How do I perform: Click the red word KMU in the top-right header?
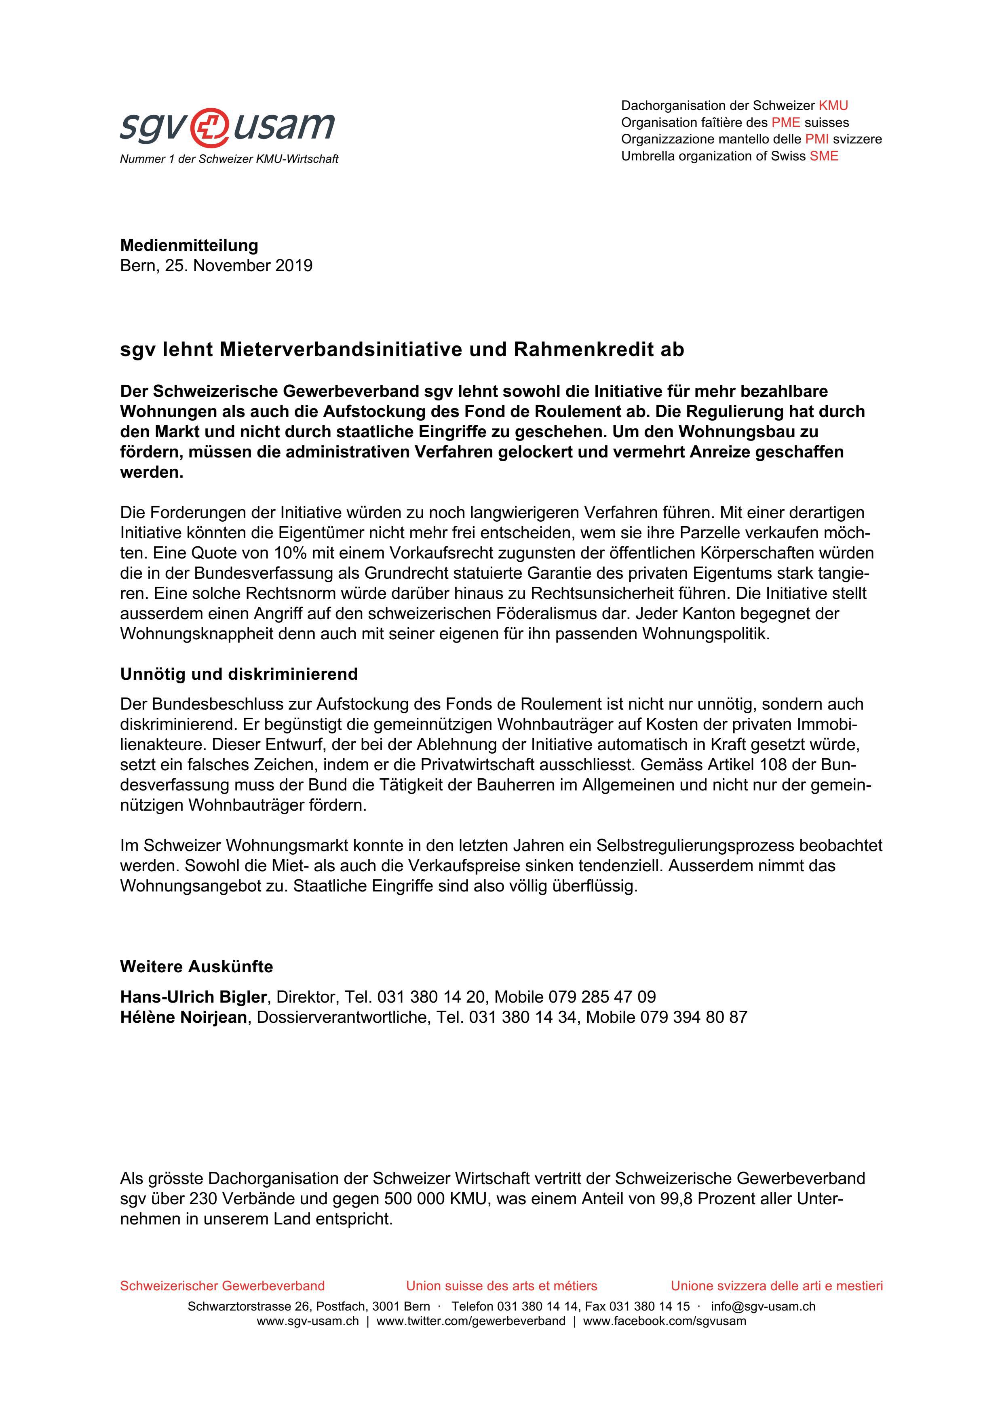pyautogui.click(x=833, y=105)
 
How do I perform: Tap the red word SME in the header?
pyautogui.click(x=824, y=156)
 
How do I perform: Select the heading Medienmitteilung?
pyautogui.click(x=189, y=245)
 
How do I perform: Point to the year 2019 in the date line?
pyautogui.click(x=294, y=266)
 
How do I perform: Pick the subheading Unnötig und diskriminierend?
pyautogui.click(x=239, y=674)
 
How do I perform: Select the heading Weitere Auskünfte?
pyautogui.click(x=196, y=966)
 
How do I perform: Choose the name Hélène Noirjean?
pyautogui.click(x=183, y=1017)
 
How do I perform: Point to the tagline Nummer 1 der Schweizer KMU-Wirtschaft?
pyautogui.click(x=229, y=159)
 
